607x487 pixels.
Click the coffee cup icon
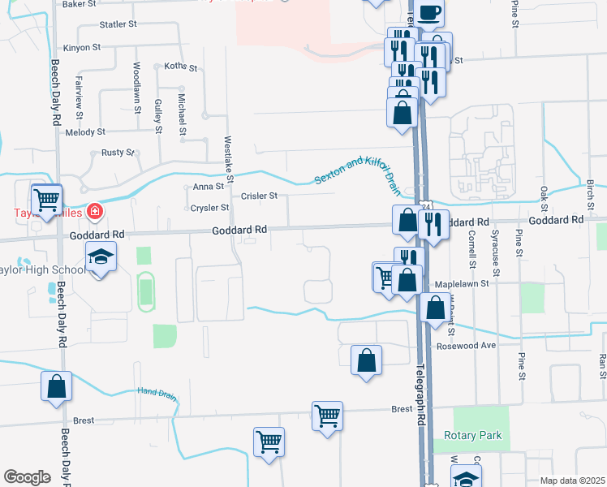(429, 11)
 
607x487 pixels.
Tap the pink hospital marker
(95, 213)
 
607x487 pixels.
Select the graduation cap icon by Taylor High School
(103, 258)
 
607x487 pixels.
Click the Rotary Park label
(473, 436)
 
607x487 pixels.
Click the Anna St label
(208, 187)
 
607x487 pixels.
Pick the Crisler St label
(259, 196)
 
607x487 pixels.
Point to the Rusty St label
(118, 153)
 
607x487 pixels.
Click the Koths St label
(180, 67)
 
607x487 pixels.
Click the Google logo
(27, 476)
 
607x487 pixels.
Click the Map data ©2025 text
(571, 480)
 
